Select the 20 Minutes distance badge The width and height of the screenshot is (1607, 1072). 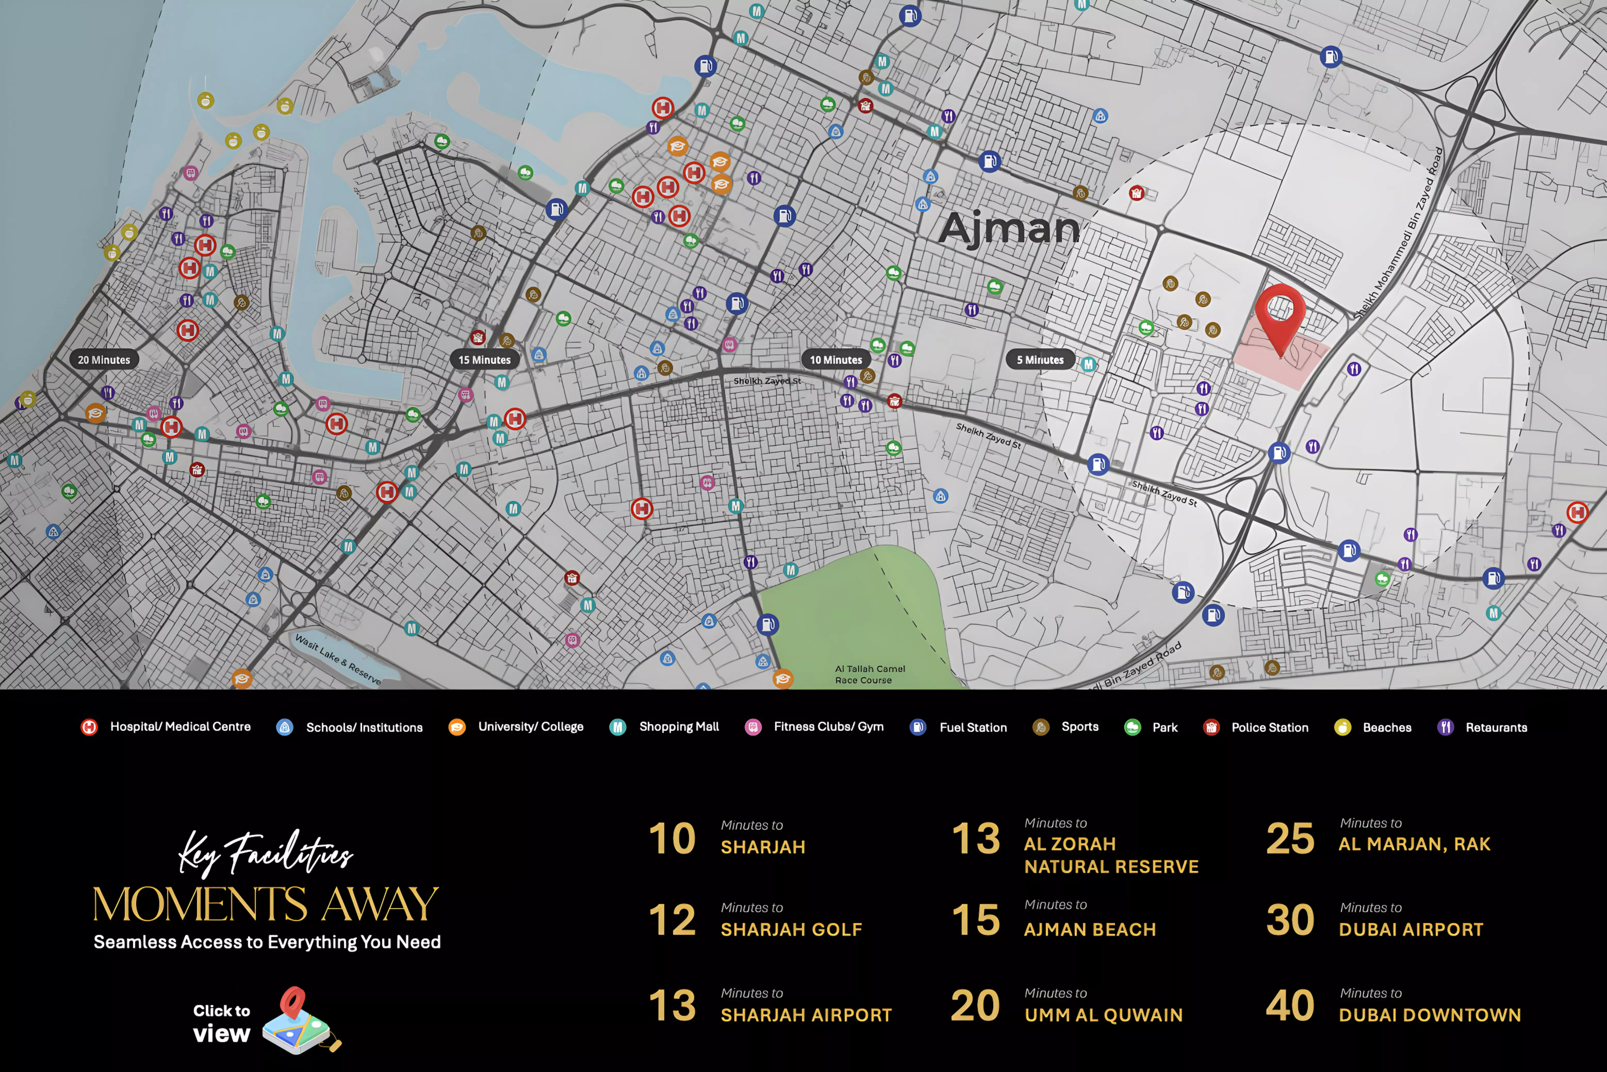(104, 360)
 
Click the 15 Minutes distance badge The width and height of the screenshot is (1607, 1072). (484, 360)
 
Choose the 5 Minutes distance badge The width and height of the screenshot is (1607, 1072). (1040, 360)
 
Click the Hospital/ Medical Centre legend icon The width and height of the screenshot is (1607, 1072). (89, 727)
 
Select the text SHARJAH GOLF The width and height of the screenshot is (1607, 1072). (791, 930)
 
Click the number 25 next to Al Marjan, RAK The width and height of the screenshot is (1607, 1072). (1290, 839)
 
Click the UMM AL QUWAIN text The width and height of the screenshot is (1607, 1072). (1103, 1015)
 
